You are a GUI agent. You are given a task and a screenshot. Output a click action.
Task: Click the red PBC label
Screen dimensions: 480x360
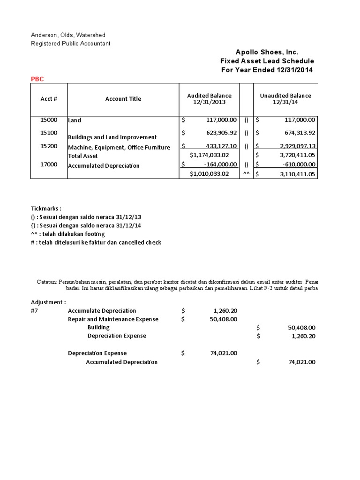click(x=37, y=79)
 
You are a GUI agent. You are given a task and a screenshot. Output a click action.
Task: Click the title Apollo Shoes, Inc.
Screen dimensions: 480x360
click(x=267, y=52)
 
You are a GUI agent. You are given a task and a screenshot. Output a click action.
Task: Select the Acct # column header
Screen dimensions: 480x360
click(x=49, y=99)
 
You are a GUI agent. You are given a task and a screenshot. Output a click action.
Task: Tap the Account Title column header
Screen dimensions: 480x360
click(x=123, y=99)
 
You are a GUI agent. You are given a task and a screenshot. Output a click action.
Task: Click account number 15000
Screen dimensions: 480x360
click(x=49, y=120)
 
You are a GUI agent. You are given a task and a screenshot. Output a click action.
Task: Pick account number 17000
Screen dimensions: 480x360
click(x=49, y=165)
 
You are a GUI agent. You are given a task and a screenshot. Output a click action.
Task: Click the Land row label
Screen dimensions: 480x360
click(x=75, y=120)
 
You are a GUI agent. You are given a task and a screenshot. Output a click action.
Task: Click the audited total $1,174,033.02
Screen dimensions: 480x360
click(x=209, y=155)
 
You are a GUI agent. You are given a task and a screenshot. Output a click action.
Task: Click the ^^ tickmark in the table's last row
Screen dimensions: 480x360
click(x=246, y=174)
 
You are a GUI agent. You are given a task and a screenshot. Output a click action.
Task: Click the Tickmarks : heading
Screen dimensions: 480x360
click(x=46, y=208)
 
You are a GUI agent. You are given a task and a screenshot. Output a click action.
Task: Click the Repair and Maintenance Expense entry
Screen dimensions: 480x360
click(x=113, y=319)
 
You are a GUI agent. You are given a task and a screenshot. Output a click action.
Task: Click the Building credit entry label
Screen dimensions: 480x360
click(x=98, y=328)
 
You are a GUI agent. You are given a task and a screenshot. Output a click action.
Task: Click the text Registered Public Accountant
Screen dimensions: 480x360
click(x=71, y=44)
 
